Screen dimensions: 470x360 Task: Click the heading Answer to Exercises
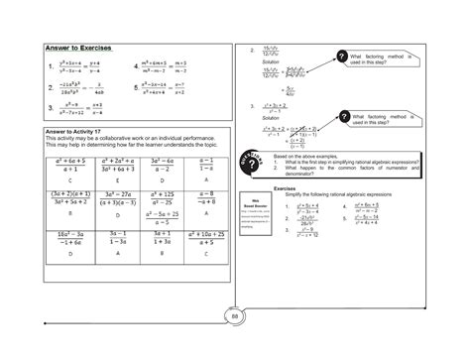[78, 47]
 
